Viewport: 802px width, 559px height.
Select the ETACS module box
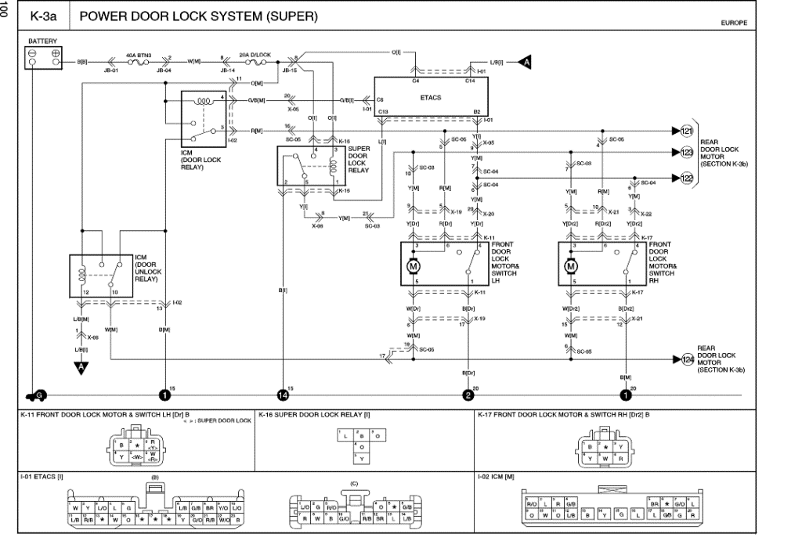431,98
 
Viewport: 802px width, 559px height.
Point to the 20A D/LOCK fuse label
254,55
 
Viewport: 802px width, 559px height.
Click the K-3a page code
42,16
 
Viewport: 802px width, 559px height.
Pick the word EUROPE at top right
734,23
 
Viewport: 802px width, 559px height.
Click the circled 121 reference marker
687,130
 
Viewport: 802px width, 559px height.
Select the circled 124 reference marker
687,359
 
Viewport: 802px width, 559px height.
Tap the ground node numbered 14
283,395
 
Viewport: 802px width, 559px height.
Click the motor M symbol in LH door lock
414,266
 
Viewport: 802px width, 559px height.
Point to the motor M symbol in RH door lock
570,266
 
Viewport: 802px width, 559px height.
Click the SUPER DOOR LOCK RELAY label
359,159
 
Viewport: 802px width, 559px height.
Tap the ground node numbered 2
468,395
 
